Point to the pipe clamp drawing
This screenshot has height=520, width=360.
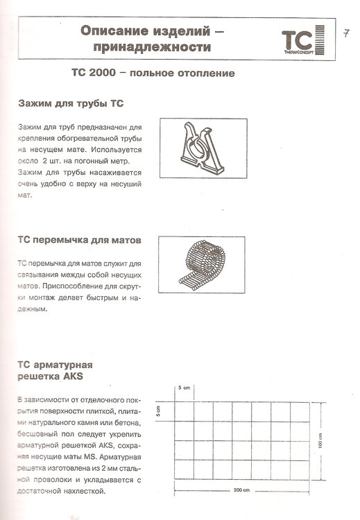point(203,149)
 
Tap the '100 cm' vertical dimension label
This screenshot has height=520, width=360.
point(320,441)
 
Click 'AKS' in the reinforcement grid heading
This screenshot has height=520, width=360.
point(71,376)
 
